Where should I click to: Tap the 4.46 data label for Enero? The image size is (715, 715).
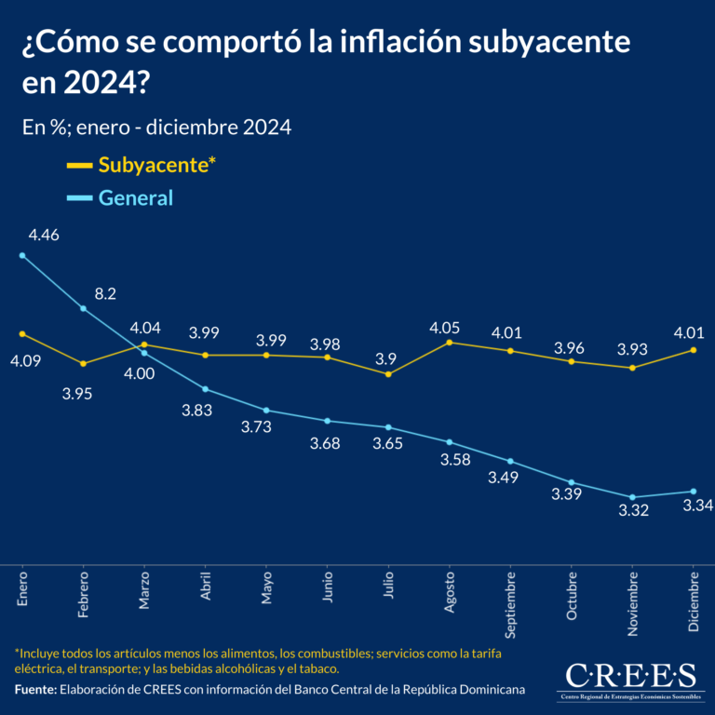44,236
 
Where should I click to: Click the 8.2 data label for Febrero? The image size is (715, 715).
105,293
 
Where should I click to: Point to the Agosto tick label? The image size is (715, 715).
450,590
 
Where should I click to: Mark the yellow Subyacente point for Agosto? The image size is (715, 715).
450,343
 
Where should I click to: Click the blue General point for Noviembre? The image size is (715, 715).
633,497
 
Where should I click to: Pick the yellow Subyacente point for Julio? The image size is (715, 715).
388,374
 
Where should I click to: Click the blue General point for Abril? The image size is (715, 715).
205,389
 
